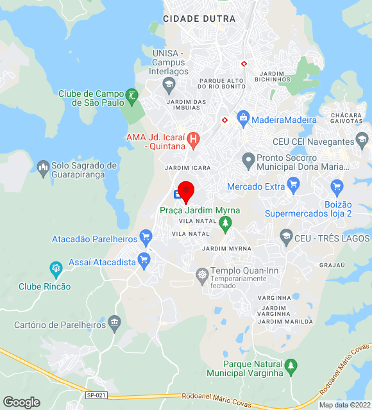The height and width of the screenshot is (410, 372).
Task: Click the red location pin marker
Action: click(186, 190)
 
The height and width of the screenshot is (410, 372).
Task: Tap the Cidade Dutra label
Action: click(199, 19)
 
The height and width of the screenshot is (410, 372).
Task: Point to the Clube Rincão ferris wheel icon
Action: click(56, 267)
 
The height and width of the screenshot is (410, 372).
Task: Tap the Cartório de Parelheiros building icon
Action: click(115, 322)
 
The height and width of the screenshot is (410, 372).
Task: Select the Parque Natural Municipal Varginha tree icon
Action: click(291, 366)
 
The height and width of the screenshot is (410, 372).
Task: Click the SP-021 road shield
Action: click(96, 395)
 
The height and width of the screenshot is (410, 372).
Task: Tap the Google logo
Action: click(21, 402)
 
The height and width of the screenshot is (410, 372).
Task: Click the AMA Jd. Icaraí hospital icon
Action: click(194, 138)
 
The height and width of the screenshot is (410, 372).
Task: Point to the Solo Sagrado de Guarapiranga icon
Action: click(44, 169)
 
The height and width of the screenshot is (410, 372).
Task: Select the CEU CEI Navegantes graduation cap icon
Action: click(362, 140)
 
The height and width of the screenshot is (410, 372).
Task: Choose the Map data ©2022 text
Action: click(344, 405)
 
